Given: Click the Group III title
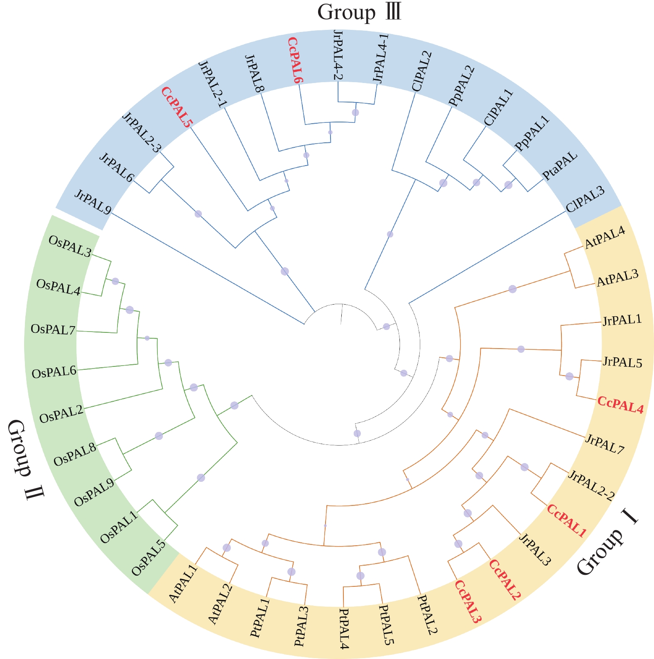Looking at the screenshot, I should pos(360,12).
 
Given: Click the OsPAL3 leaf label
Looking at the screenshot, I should pos(70,246).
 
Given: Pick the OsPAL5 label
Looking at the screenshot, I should pos(149,557).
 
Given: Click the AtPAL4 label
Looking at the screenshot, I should pos(605,238).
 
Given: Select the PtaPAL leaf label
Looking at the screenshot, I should pos(560,166).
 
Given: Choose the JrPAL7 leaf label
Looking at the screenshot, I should pos(605,444).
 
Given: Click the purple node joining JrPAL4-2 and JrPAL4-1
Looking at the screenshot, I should pos(355,112).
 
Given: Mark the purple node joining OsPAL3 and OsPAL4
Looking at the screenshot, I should pos(115,281).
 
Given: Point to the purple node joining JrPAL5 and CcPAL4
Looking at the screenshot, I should pos(569,376).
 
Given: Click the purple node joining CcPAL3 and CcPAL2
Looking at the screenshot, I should pos(458,544).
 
